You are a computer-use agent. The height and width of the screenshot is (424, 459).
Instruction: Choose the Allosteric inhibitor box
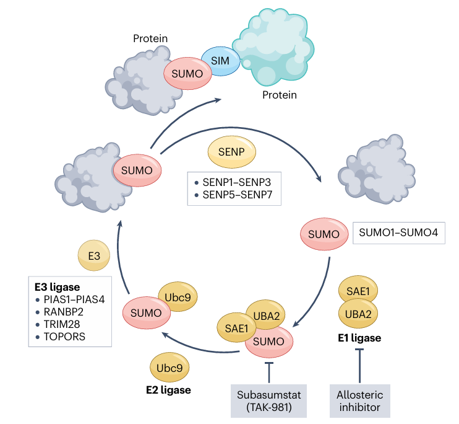tap(360, 400)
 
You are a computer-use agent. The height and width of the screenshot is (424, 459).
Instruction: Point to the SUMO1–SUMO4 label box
tap(398, 235)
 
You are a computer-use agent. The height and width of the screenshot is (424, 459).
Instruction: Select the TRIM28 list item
tap(64, 324)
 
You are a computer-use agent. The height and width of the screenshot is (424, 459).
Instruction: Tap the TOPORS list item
tap(66, 337)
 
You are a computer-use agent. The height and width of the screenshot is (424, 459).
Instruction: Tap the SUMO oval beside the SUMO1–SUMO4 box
tap(324, 235)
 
